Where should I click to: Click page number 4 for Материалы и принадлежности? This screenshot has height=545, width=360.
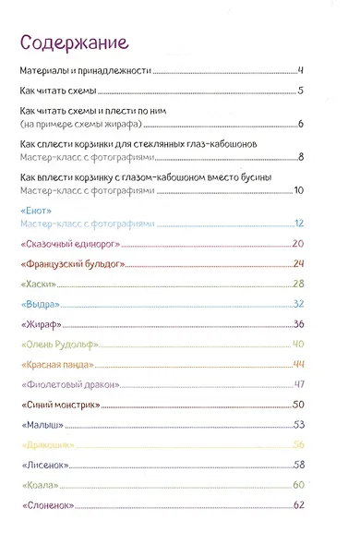301,70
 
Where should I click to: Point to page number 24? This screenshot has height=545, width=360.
298,264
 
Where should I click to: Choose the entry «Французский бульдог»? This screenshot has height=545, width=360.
70,264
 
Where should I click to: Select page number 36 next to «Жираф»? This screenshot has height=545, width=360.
298,324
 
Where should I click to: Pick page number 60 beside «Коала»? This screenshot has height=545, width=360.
298,485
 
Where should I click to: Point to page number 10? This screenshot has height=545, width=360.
298,190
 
